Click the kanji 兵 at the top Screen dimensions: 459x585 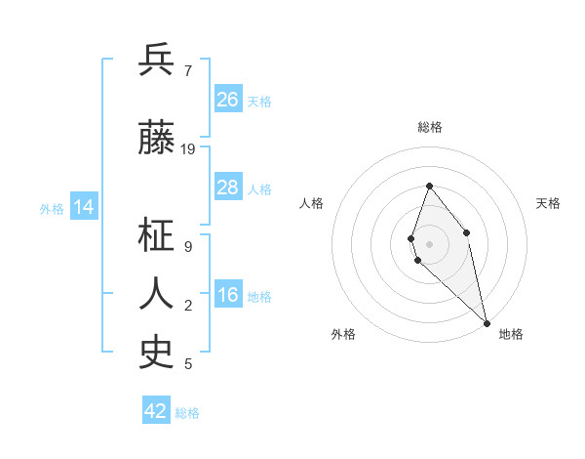pyautogui.click(x=157, y=60)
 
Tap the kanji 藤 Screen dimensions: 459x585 pyautogui.click(x=157, y=139)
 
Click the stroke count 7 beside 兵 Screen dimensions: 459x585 pyautogui.click(x=188, y=70)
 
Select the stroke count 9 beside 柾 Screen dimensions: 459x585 pyautogui.click(x=188, y=246)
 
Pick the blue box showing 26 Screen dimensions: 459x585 pyautogui.click(x=228, y=100)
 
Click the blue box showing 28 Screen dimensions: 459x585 pyautogui.click(x=228, y=188)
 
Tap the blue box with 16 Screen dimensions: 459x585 pyautogui.click(x=228, y=296)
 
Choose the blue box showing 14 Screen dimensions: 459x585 pyautogui.click(x=84, y=207)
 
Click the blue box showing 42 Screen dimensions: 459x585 pyautogui.click(x=156, y=411)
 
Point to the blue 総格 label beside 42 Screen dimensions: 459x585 pyautogui.click(x=187, y=413)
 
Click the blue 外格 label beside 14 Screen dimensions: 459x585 pyautogui.click(x=52, y=208)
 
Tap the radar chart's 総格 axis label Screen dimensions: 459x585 pyautogui.click(x=430, y=127)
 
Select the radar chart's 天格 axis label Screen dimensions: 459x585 pyautogui.click(x=548, y=203)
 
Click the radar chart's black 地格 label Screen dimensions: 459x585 pyautogui.click(x=511, y=334)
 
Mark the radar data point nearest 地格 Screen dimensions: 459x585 pyautogui.click(x=487, y=322)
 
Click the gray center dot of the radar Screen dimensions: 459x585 pyautogui.click(x=430, y=243)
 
